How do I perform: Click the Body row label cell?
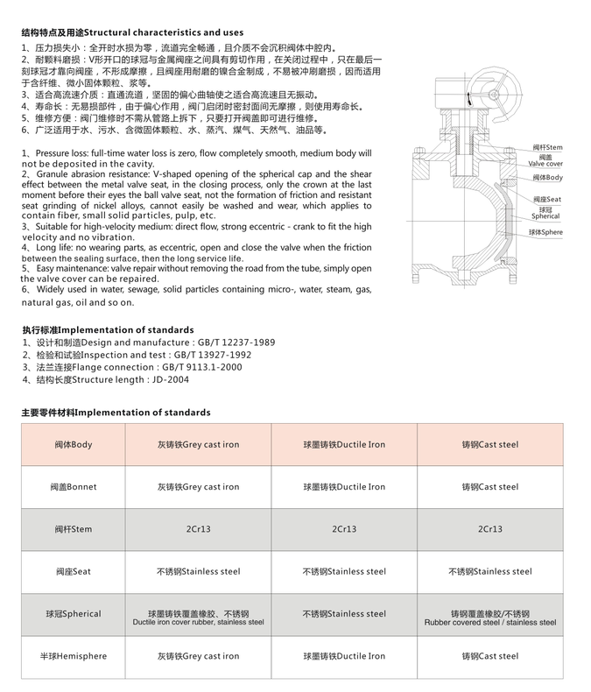(71, 444)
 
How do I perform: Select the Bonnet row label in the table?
(74, 486)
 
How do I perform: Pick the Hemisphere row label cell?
(74, 656)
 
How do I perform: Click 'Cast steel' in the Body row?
(490, 444)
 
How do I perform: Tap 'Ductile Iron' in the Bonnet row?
(344, 486)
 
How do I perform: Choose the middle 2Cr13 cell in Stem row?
(344, 529)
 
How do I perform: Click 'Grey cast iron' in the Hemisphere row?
(198, 656)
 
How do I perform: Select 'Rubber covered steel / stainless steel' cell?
(490, 618)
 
